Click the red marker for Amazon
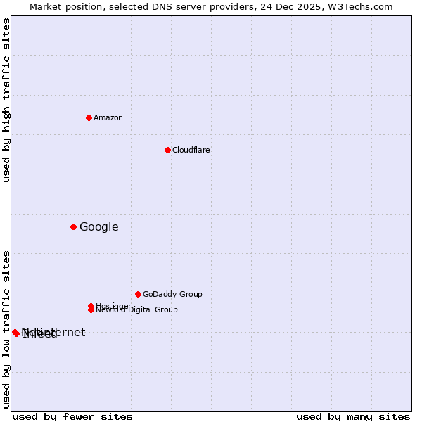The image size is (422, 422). (x=89, y=117)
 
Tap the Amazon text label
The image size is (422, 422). (x=108, y=117)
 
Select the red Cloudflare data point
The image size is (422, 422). (x=167, y=150)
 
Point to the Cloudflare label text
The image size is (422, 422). (x=191, y=150)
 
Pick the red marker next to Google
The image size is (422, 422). (x=73, y=226)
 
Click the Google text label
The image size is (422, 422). (x=98, y=226)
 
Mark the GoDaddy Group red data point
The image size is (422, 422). (x=138, y=294)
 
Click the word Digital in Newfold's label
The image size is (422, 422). (x=141, y=309)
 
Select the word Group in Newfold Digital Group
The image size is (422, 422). (x=166, y=309)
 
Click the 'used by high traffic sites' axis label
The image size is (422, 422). (x=6, y=100)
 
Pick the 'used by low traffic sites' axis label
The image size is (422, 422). (x=6, y=328)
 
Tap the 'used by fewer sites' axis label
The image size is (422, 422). (x=72, y=416)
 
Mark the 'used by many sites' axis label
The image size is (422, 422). (x=353, y=416)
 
